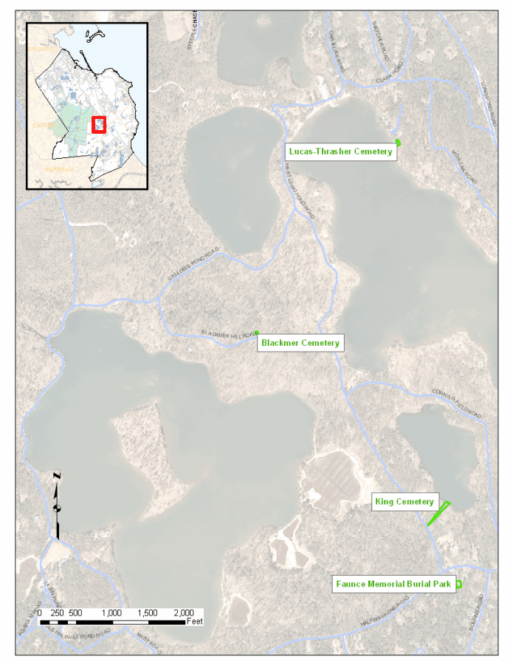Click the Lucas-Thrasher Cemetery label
click(x=340, y=151)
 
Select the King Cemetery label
click(x=404, y=502)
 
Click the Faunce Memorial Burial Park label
click(x=393, y=584)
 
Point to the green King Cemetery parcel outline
click(x=439, y=514)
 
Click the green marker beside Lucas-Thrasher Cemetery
click(x=398, y=142)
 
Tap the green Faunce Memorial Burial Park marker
click(x=458, y=584)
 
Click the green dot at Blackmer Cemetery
click(x=257, y=332)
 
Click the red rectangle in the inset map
click(x=98, y=124)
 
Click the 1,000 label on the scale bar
click(x=111, y=613)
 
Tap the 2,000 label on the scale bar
click(x=183, y=613)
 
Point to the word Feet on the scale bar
click(x=195, y=622)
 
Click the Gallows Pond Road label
click(x=194, y=265)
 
